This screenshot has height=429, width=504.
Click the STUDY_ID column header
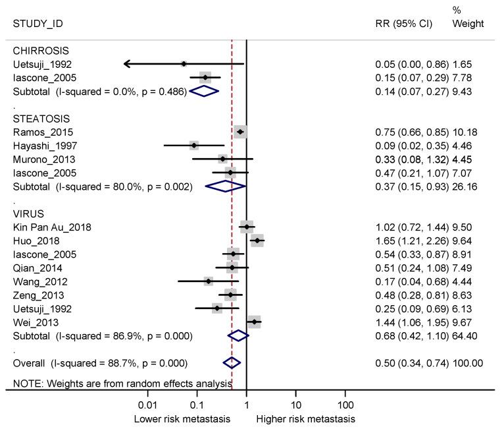pyautogui.click(x=38, y=24)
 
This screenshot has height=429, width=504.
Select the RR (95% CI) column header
pyautogui.click(x=402, y=24)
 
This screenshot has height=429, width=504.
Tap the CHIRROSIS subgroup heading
pyautogui.click(x=39, y=50)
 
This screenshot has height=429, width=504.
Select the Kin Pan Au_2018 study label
pyautogui.click(x=52, y=227)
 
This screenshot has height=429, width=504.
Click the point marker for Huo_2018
pyautogui.click(x=257, y=241)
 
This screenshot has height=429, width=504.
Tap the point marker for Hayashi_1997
pyautogui.click(x=193, y=145)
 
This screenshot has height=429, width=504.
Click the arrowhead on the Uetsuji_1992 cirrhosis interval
pyautogui.click(x=127, y=63)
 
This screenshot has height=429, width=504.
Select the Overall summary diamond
pyautogui.click(x=232, y=362)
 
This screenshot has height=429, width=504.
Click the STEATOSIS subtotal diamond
pyautogui.click(x=225, y=187)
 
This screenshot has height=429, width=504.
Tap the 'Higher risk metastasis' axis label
pyautogui.click(x=305, y=419)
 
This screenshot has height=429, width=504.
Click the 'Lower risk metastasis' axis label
pyautogui.click(x=176, y=419)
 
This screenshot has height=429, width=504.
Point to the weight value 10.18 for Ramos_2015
pyautogui.click(x=466, y=132)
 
